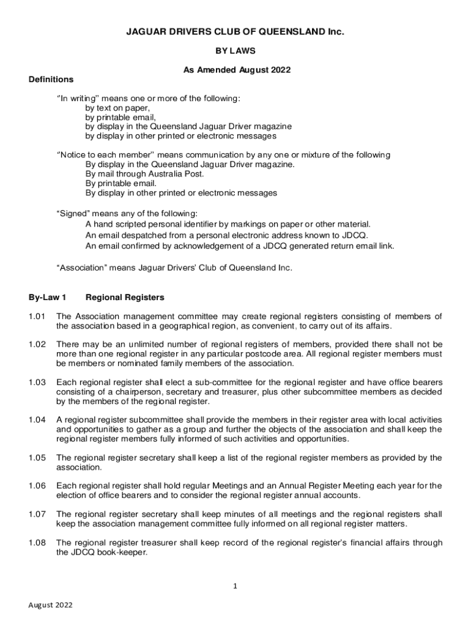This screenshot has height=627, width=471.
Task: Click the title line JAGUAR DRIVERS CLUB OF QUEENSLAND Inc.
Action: click(x=236, y=31)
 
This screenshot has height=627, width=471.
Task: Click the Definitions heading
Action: click(x=51, y=80)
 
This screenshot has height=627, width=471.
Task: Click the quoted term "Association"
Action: click(x=82, y=268)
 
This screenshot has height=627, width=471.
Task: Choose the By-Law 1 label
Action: click(x=47, y=298)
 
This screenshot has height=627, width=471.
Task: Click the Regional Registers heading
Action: click(x=125, y=298)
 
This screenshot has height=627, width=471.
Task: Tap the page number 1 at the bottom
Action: click(x=236, y=586)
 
